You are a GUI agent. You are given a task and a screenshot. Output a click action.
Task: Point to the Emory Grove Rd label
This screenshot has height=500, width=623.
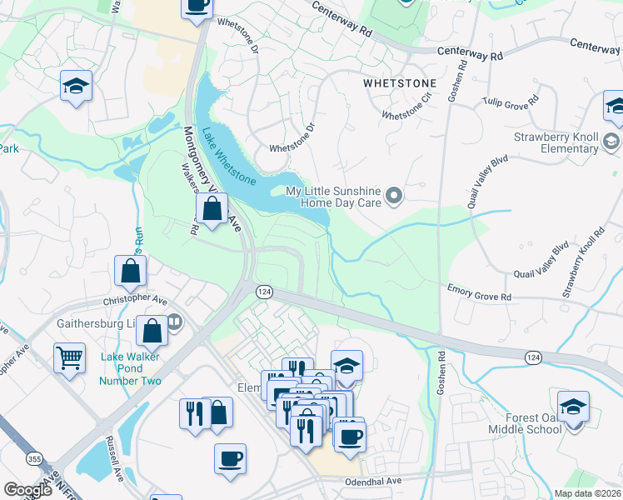click(480, 293)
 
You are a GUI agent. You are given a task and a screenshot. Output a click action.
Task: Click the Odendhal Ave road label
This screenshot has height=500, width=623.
click(371, 481)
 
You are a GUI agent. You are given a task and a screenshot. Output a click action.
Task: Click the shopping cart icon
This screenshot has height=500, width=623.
click(70, 358)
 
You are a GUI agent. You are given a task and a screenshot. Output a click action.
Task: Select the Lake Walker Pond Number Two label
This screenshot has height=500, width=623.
click(130, 369)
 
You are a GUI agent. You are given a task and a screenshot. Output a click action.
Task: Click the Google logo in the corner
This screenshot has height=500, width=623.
click(27, 490)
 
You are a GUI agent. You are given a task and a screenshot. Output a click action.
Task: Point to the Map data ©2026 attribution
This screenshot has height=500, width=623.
click(587, 493)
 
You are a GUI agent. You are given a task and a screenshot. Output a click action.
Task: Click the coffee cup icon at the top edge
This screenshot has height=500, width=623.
click(197, 4)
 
